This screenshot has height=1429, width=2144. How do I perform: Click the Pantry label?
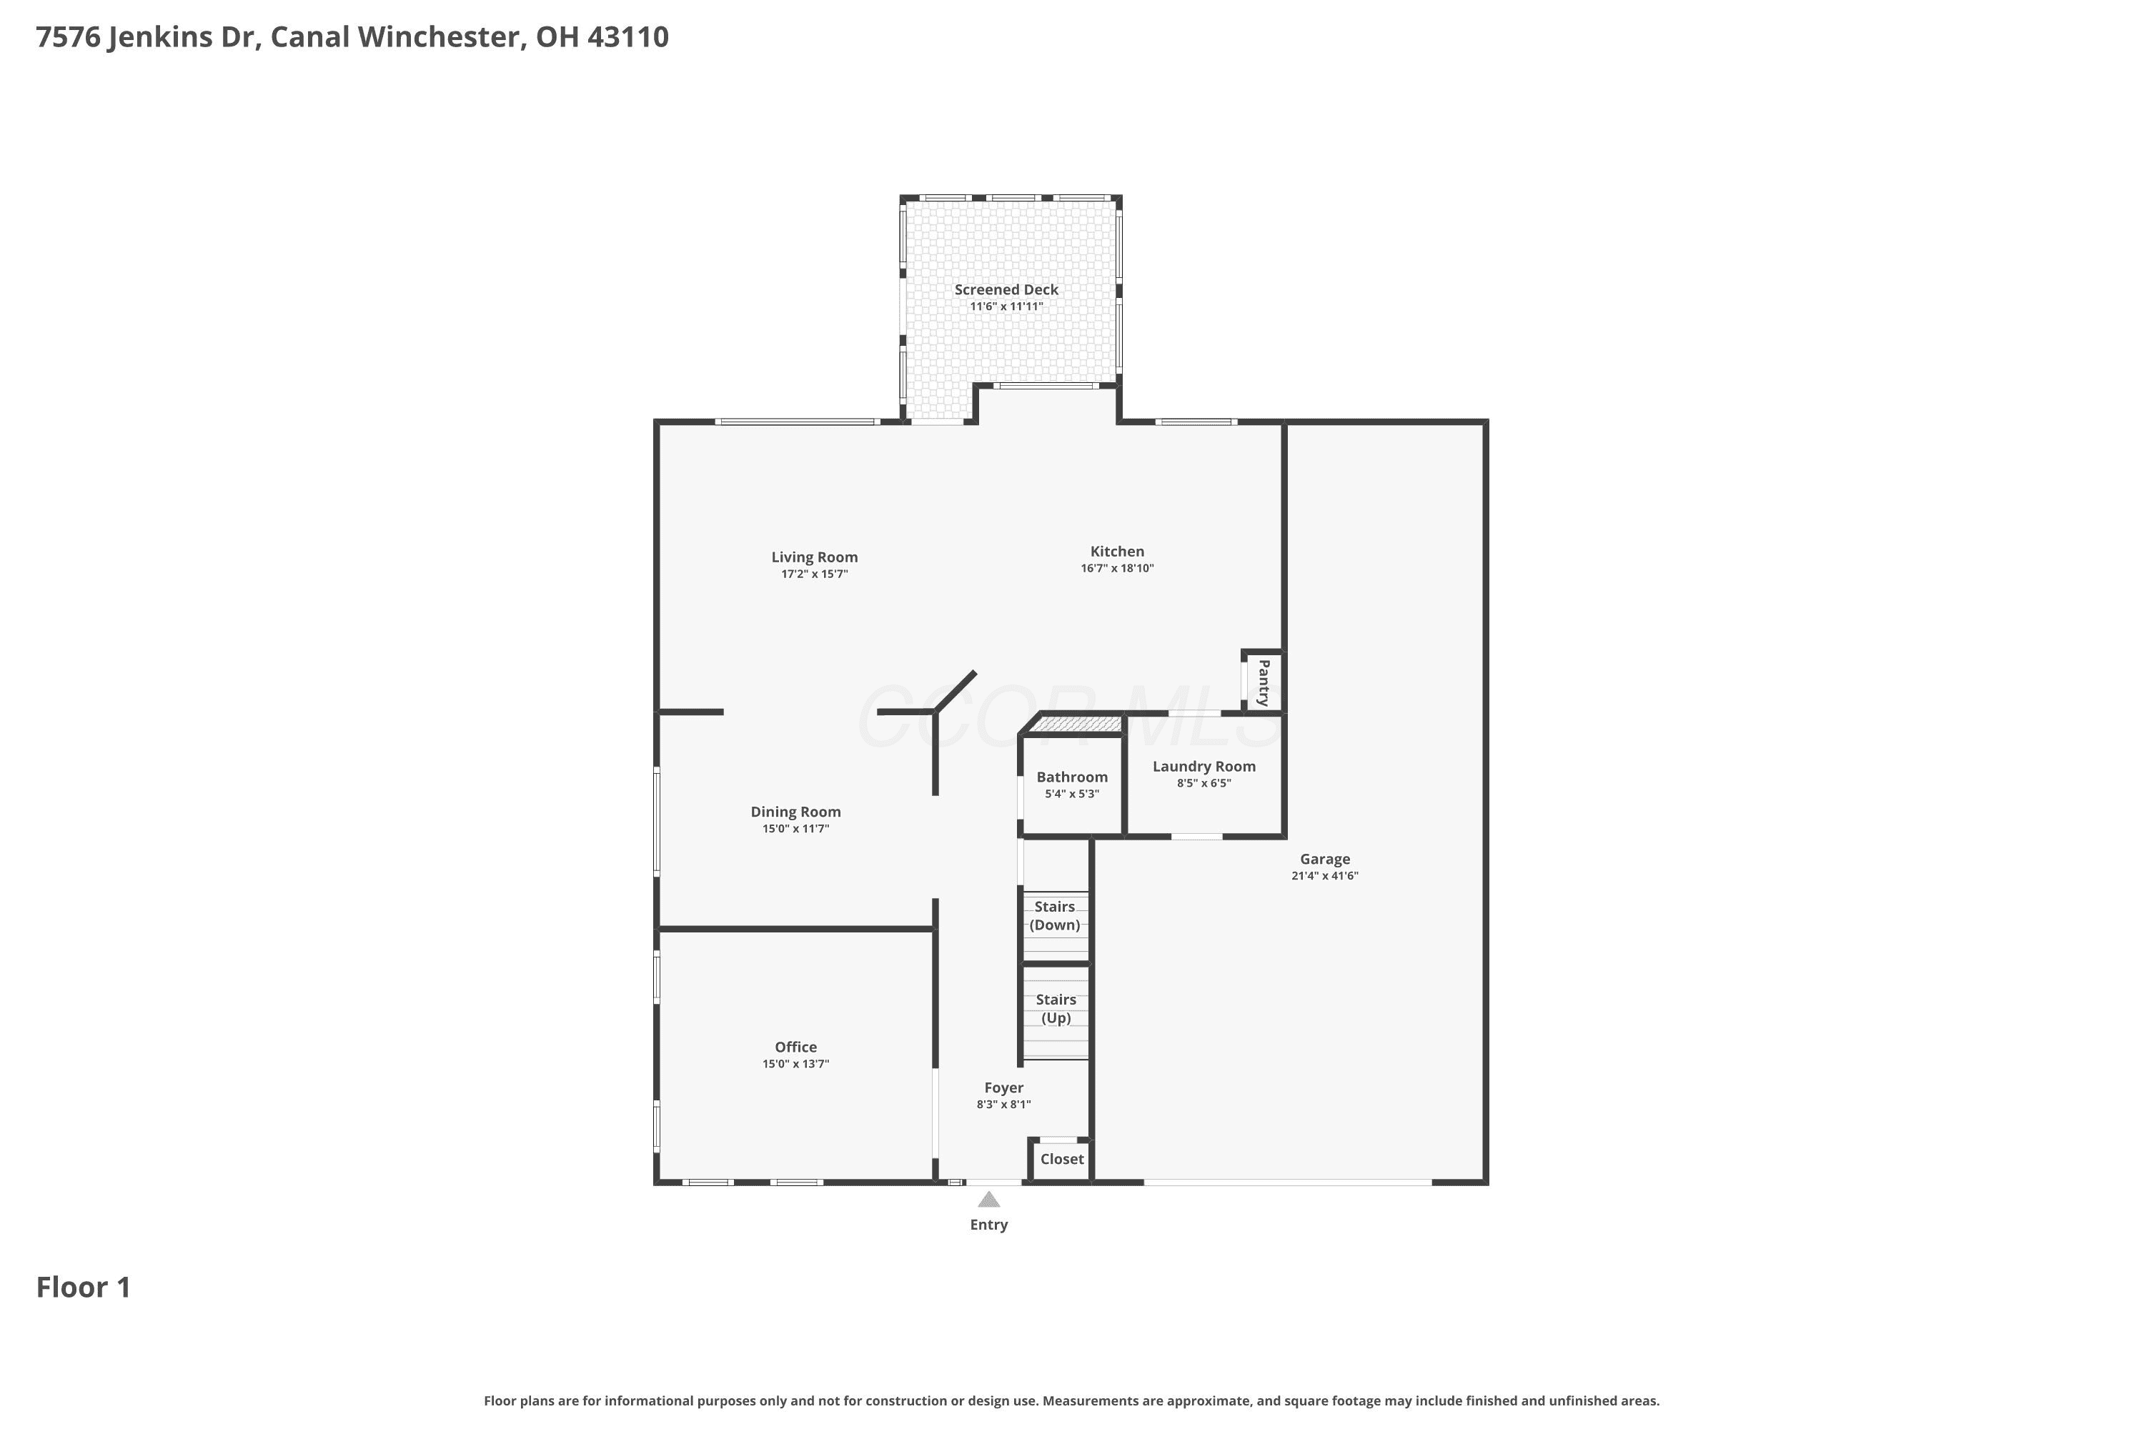[x=1264, y=682]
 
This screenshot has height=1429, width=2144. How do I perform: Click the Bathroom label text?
[x=1072, y=777]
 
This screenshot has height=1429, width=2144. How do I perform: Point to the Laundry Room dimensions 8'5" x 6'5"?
[x=1204, y=783]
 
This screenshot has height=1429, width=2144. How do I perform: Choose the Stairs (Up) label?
[x=1056, y=1009]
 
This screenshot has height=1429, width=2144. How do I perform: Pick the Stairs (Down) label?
[x=1055, y=916]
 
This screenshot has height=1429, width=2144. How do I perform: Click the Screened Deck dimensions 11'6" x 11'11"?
[x=1006, y=307]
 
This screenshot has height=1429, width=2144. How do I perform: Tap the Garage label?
[x=1324, y=860]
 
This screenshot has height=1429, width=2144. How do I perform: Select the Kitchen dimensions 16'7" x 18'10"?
[x=1118, y=568]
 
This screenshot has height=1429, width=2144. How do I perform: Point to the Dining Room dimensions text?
[x=796, y=828]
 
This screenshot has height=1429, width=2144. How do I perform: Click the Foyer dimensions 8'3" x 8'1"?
[x=1003, y=1105]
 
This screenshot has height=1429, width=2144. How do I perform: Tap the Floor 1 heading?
[x=84, y=1288]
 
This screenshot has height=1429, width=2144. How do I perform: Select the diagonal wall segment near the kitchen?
[x=956, y=692]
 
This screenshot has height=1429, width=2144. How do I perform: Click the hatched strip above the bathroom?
[x=1076, y=725]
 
